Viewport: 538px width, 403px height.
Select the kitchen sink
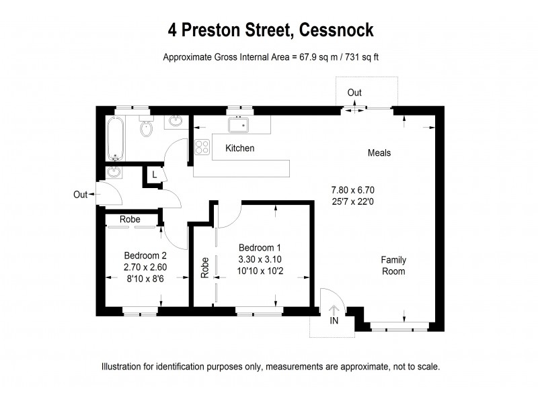[238, 125]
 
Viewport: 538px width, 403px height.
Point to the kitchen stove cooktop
[202, 146]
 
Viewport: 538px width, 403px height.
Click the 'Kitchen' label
[239, 148]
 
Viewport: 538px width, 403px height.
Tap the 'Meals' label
[379, 152]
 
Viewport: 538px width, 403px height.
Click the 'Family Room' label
[393, 265]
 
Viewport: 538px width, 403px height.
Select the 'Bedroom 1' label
[260, 247]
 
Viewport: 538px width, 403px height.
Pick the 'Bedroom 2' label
[145, 255]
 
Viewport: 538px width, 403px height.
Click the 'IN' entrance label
[334, 321]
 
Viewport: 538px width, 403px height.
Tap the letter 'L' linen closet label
[155, 175]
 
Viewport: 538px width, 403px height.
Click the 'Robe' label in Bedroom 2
[130, 219]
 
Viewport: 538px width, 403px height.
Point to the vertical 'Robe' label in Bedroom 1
[205, 267]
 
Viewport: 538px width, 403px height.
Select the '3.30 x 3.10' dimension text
[260, 259]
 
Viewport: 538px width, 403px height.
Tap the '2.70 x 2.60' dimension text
[145, 267]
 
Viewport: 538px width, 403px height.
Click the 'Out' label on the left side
[81, 195]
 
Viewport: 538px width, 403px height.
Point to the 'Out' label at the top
[355, 92]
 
